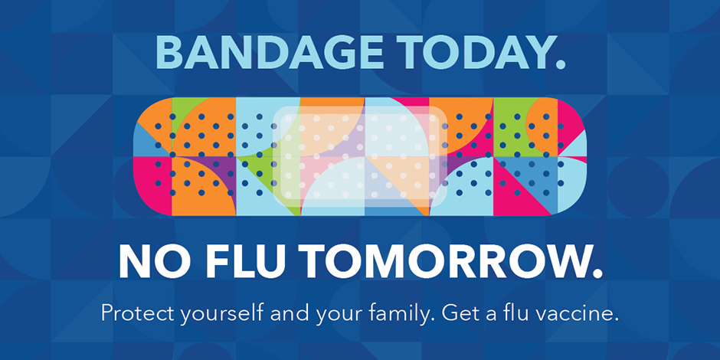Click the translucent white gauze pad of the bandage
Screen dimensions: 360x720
click(x=360, y=157)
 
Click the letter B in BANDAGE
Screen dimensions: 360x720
click(x=169, y=52)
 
